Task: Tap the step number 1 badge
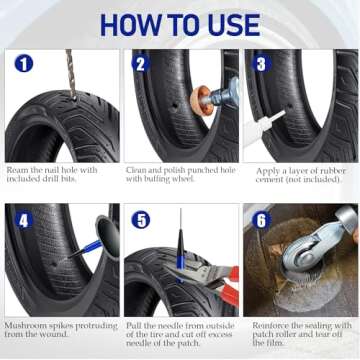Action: click(x=23, y=64)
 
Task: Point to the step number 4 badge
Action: click(x=23, y=219)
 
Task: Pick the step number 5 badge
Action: click(x=142, y=219)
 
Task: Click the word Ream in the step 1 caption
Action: click(x=18, y=170)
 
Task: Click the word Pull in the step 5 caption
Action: click(x=133, y=324)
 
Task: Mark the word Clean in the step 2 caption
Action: click(x=137, y=170)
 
